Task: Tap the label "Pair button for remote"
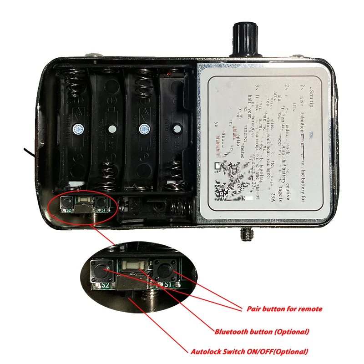pos(284,309)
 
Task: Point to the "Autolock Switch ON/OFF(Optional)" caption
pos(249,351)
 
